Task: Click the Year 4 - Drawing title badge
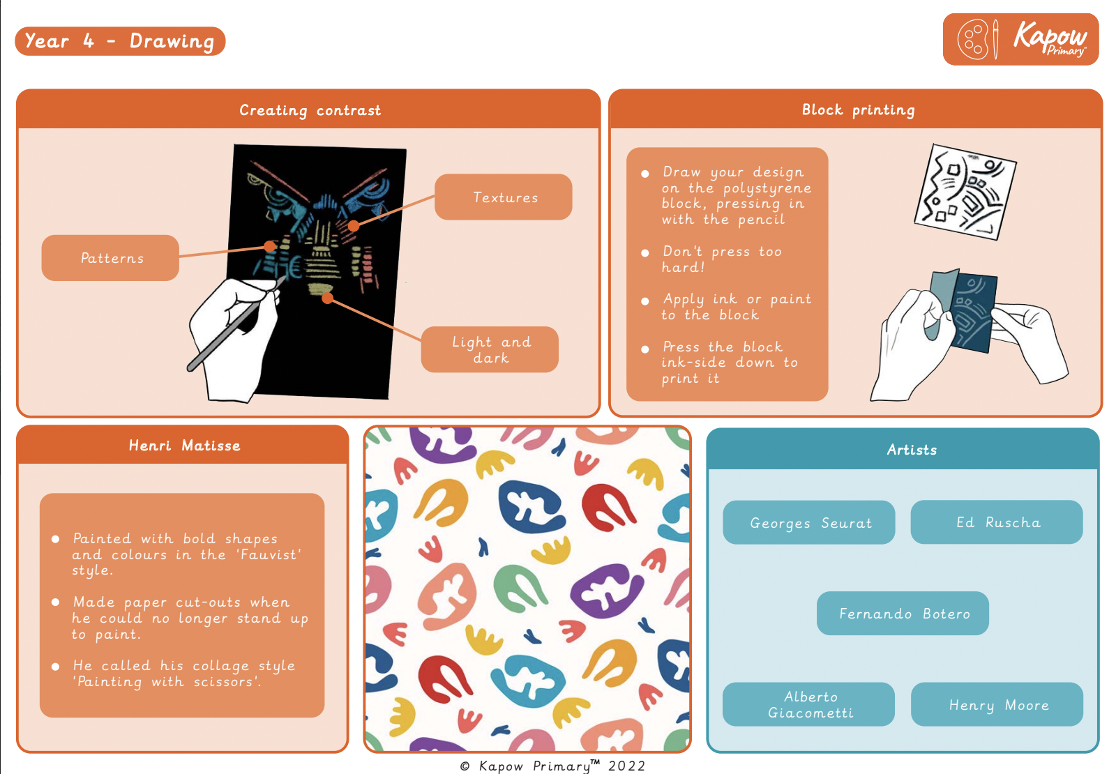120,41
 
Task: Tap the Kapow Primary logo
1021,39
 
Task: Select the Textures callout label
503,197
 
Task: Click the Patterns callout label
111,258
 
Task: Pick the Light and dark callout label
490,349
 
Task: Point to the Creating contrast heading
310,110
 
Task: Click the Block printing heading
858,109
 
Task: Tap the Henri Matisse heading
184,446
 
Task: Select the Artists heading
912,450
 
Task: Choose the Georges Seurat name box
809,522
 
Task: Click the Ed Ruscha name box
997,522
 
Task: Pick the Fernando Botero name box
903,613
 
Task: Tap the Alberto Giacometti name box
808,704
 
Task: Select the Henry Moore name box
997,704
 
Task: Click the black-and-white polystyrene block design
965,192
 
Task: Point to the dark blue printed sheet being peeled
973,312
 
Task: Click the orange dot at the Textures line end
354,226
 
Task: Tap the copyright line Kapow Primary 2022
552,766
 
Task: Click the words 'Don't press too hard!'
721,259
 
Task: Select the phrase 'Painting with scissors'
167,681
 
